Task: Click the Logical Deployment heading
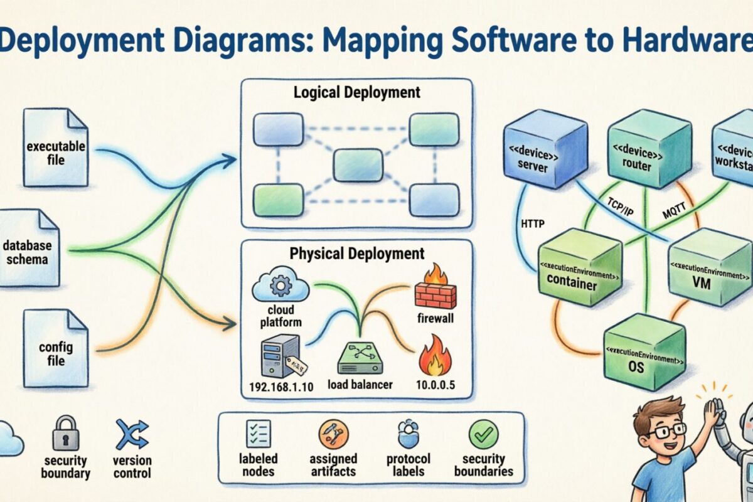[357, 93]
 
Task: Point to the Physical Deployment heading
[357, 254]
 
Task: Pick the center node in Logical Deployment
[358, 164]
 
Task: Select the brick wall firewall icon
[435, 287]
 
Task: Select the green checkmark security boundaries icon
[484, 434]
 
